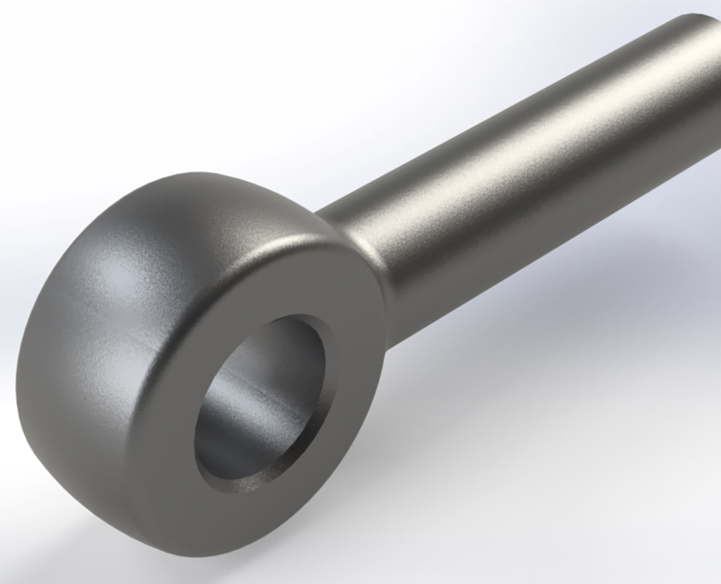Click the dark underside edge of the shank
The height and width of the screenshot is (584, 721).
(x=546, y=248)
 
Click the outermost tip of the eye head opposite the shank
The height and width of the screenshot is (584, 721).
(x=21, y=376)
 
